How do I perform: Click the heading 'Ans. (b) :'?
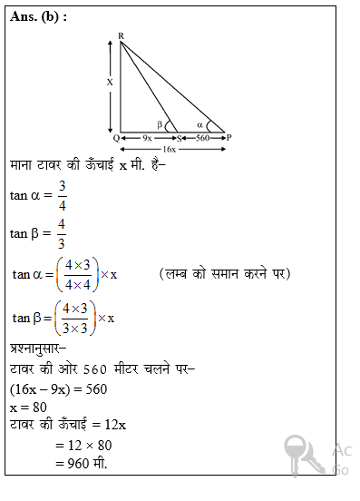tap(39, 16)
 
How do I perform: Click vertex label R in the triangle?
tap(121, 36)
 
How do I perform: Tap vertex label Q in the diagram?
tap(115, 137)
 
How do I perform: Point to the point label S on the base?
tap(179, 138)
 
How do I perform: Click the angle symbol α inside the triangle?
tap(200, 125)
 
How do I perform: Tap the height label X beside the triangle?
tap(110, 82)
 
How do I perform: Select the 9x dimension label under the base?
tap(147, 138)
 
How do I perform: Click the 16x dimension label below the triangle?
tap(170, 148)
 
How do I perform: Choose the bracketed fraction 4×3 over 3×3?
tap(73, 318)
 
